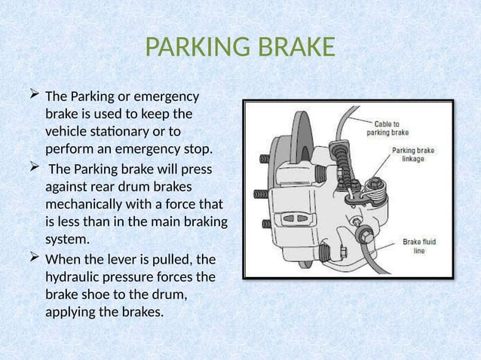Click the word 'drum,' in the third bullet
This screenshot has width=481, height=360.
167,293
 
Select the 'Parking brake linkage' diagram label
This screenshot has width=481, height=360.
415,154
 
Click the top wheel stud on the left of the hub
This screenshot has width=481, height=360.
265,159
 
